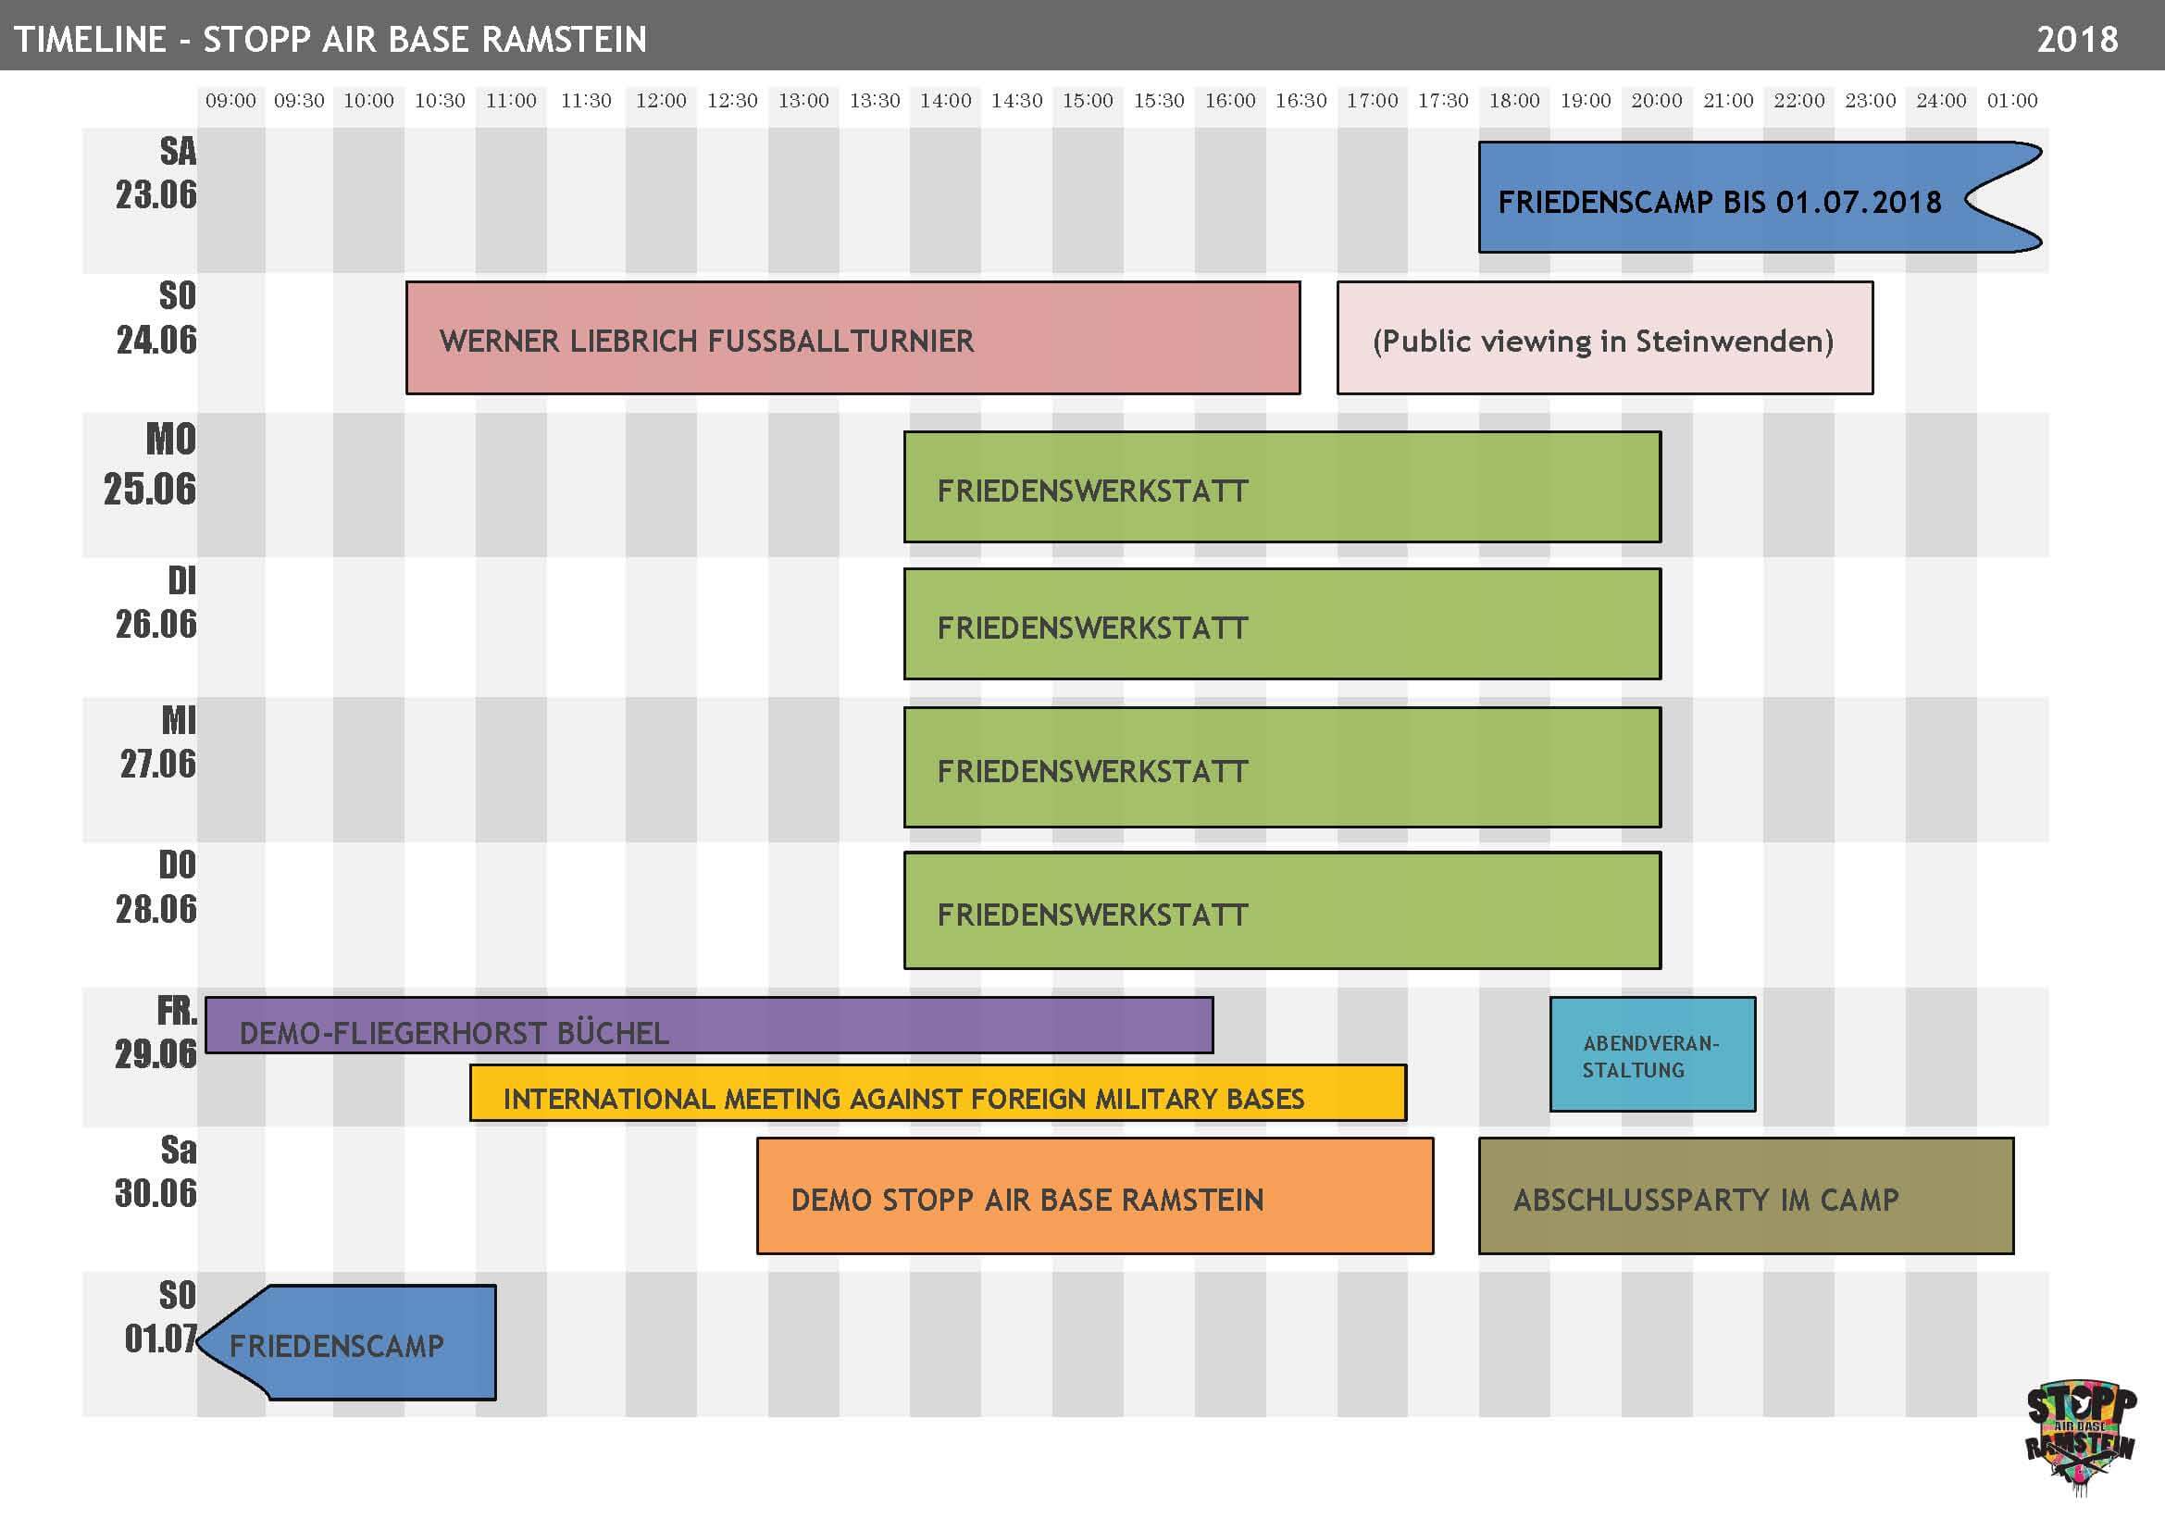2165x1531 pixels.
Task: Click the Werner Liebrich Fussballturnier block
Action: pyautogui.click(x=852, y=338)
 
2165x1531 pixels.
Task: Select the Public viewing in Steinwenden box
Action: pyautogui.click(x=1605, y=338)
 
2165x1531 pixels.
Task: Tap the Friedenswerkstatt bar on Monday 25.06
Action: pyautogui.click(x=1282, y=487)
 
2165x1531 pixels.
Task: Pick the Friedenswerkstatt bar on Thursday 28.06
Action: pyautogui.click(x=1282, y=911)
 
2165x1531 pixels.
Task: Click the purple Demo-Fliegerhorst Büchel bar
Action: pyautogui.click(x=709, y=1025)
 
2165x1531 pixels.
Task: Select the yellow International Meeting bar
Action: pyautogui.click(x=939, y=1092)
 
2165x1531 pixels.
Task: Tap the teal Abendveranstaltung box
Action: pyautogui.click(x=1653, y=1054)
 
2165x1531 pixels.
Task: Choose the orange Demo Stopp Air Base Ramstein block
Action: pyautogui.click(x=1095, y=1195)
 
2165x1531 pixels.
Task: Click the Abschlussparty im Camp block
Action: pyautogui.click(x=1747, y=1195)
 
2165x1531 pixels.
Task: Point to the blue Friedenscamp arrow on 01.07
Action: pyautogui.click(x=349, y=1342)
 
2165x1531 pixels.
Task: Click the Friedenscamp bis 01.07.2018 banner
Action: pyautogui.click(x=1760, y=197)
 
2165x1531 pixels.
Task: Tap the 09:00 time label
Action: pyautogui.click(x=230, y=100)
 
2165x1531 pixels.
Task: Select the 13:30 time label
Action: pyautogui.click(x=875, y=100)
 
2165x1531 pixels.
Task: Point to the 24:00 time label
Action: pyautogui.click(x=1942, y=100)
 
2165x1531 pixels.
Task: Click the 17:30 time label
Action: pyautogui.click(x=1444, y=100)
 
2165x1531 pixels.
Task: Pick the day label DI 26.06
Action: pyautogui.click(x=156, y=603)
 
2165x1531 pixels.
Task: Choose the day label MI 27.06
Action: pyautogui.click(x=158, y=742)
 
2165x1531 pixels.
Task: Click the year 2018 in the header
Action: pyautogui.click(x=2077, y=39)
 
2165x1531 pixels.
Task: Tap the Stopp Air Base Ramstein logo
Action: pyautogui.click(x=2081, y=1438)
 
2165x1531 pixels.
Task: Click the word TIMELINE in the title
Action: pyautogui.click(x=90, y=39)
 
